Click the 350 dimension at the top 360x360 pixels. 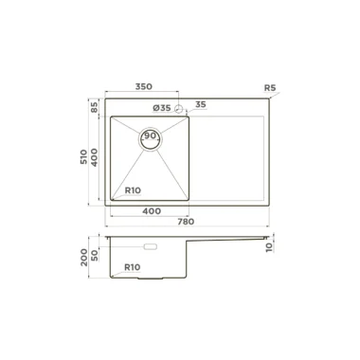click(x=144, y=86)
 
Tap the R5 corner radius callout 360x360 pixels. click(x=270, y=88)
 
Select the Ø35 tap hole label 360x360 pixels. click(x=162, y=108)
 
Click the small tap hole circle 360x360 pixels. click(x=179, y=109)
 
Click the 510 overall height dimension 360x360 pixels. click(x=83, y=157)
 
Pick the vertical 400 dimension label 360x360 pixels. click(x=94, y=157)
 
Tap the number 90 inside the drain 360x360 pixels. click(x=151, y=135)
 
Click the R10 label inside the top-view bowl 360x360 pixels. click(x=133, y=190)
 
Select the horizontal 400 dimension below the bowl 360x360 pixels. click(x=152, y=211)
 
